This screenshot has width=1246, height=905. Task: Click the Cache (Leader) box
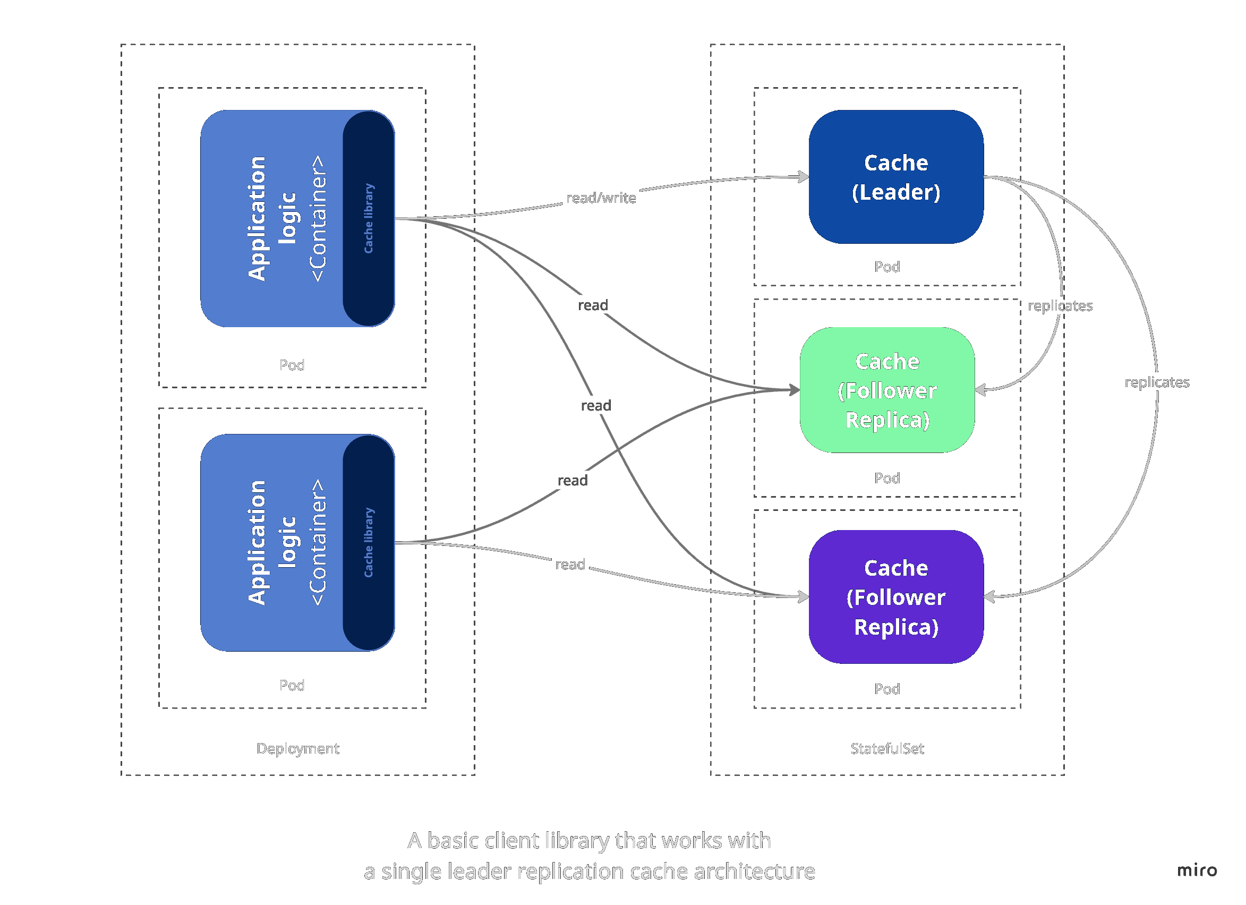[896, 177]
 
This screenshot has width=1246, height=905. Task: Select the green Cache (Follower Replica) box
[887, 390]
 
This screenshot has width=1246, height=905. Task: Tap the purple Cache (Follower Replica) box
[896, 597]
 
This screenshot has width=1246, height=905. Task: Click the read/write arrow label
[601, 198]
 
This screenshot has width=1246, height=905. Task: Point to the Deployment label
[298, 748]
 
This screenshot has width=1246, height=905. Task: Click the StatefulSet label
[887, 748]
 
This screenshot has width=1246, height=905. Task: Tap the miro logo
[1197, 870]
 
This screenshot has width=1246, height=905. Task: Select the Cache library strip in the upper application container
[369, 219]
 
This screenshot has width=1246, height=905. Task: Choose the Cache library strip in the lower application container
[369, 543]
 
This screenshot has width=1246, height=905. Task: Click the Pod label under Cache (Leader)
[887, 267]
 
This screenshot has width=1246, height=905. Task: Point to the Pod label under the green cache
[887, 478]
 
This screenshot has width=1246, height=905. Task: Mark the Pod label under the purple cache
[887, 689]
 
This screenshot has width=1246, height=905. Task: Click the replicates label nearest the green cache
[1060, 306]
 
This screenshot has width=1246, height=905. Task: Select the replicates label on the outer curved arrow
[1157, 382]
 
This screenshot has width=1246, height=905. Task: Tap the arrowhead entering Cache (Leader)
[804, 177]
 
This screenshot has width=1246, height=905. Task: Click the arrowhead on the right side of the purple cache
[989, 597]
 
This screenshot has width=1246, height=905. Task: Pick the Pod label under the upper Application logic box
[292, 365]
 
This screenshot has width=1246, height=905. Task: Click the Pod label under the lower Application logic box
[292, 685]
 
